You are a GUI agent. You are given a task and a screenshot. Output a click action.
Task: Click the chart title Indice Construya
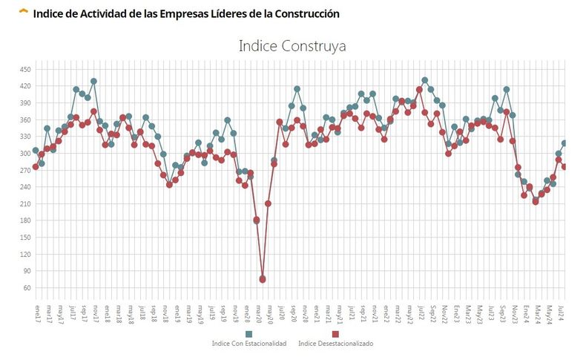coord(292,46)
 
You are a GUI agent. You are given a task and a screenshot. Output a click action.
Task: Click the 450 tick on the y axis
coord(26,70)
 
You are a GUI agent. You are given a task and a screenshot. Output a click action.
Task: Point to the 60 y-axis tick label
coord(27,288)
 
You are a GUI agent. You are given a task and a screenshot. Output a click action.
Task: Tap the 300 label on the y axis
coord(26,154)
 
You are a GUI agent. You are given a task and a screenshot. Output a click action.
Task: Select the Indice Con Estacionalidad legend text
coord(248,344)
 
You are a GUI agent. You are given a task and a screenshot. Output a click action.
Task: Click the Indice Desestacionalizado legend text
coord(335,344)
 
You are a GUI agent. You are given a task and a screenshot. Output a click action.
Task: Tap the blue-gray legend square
coord(248,334)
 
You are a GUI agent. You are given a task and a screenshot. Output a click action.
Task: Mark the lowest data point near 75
coord(262,280)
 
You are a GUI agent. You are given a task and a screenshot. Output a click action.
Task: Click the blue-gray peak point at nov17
coord(93,82)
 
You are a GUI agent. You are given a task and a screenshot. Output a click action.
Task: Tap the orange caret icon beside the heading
coord(24,12)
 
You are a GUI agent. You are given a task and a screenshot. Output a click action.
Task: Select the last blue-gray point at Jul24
coord(564,143)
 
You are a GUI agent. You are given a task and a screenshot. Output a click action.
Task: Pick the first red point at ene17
coord(35,167)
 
